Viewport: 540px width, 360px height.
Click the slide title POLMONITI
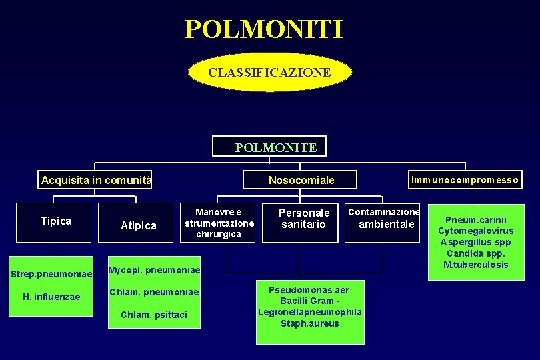(x=264, y=29)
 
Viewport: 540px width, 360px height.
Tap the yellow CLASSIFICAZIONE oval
(x=269, y=72)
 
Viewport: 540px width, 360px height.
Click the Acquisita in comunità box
(x=96, y=180)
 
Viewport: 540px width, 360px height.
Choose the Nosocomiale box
(x=301, y=180)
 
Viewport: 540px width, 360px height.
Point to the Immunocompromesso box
(x=465, y=180)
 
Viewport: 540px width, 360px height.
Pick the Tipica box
(x=56, y=221)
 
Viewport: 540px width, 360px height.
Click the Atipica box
(x=139, y=226)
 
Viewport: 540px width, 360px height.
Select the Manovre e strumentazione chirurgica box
(x=219, y=223)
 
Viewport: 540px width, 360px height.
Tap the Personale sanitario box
(x=303, y=219)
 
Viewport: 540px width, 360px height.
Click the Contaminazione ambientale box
(x=384, y=218)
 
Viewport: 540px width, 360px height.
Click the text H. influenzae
(x=51, y=297)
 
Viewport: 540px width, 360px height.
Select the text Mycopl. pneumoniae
(x=154, y=269)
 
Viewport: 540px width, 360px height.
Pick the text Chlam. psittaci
(x=154, y=315)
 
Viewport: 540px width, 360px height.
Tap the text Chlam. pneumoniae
(x=154, y=292)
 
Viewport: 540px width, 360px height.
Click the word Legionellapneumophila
(x=310, y=312)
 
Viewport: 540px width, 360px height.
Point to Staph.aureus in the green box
(x=310, y=323)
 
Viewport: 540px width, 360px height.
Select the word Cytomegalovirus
(x=476, y=231)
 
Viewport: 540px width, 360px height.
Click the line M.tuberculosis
(x=476, y=265)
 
